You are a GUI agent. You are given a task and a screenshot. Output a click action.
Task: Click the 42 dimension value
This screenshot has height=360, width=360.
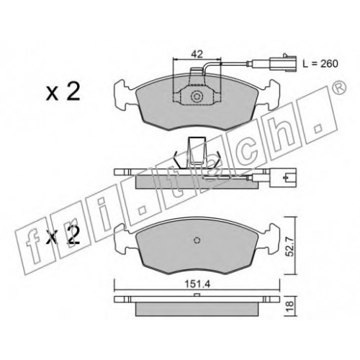[197, 54]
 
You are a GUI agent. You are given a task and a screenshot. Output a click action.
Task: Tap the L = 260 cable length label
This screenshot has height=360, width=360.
[320, 63]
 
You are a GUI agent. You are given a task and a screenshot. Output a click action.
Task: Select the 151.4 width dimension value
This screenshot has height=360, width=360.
[197, 284]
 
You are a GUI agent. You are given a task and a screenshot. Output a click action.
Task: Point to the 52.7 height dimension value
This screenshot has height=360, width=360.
[290, 247]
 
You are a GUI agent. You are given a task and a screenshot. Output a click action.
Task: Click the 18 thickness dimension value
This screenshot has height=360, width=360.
[290, 305]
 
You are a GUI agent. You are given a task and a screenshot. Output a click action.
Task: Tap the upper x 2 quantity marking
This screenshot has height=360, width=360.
[63, 93]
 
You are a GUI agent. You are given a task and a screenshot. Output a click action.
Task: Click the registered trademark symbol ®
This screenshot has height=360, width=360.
[339, 88]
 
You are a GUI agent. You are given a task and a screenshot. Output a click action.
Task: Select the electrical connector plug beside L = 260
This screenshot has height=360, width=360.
[283, 63]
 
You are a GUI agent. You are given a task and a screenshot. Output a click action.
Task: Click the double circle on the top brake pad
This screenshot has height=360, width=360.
[197, 97]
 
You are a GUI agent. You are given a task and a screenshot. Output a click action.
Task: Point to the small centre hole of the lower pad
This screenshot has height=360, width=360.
[197, 240]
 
